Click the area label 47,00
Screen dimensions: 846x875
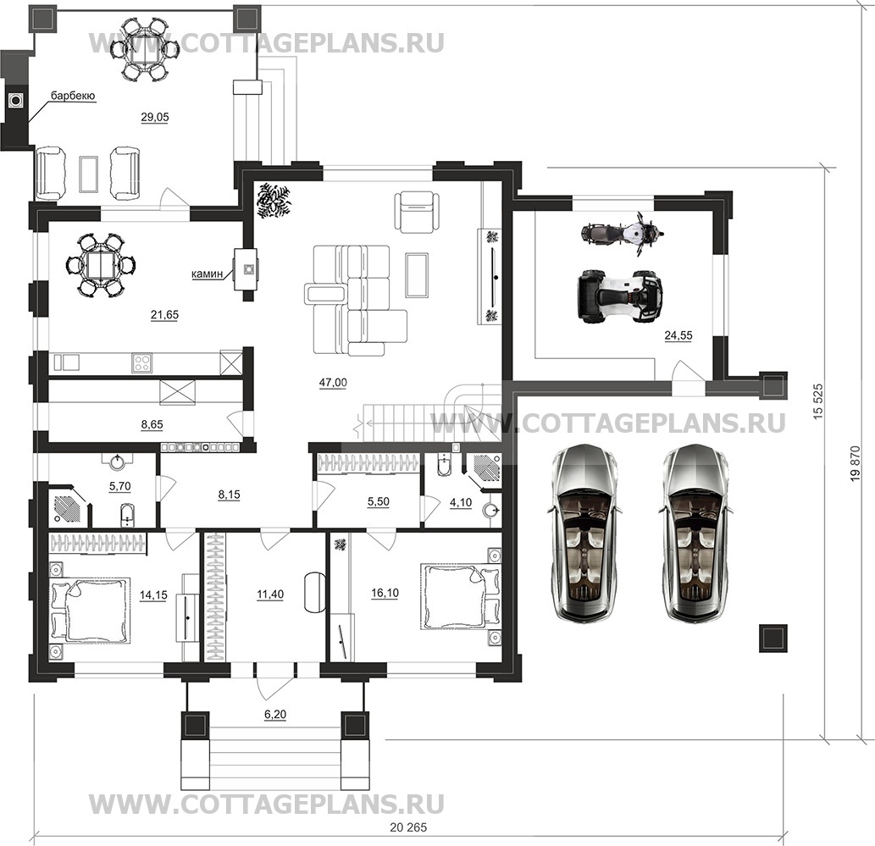pyautogui.click(x=333, y=383)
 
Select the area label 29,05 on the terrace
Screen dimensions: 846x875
pyautogui.click(x=154, y=118)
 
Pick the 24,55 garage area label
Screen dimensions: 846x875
pyautogui.click(x=678, y=335)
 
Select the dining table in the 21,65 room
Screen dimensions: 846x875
pyautogui.click(x=100, y=266)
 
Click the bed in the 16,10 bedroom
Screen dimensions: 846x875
pyautogui.click(x=456, y=597)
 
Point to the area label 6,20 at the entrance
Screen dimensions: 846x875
pyautogui.click(x=275, y=715)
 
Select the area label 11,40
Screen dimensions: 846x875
pyautogui.click(x=269, y=595)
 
